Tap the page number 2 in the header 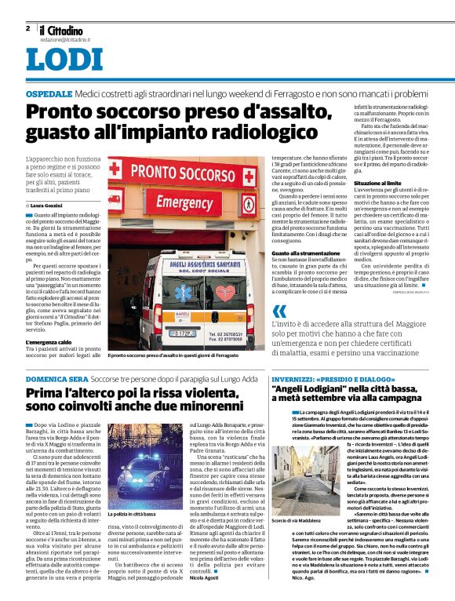coord(27,28)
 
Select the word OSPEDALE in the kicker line coord(49,93)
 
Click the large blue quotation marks coord(277,311)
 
